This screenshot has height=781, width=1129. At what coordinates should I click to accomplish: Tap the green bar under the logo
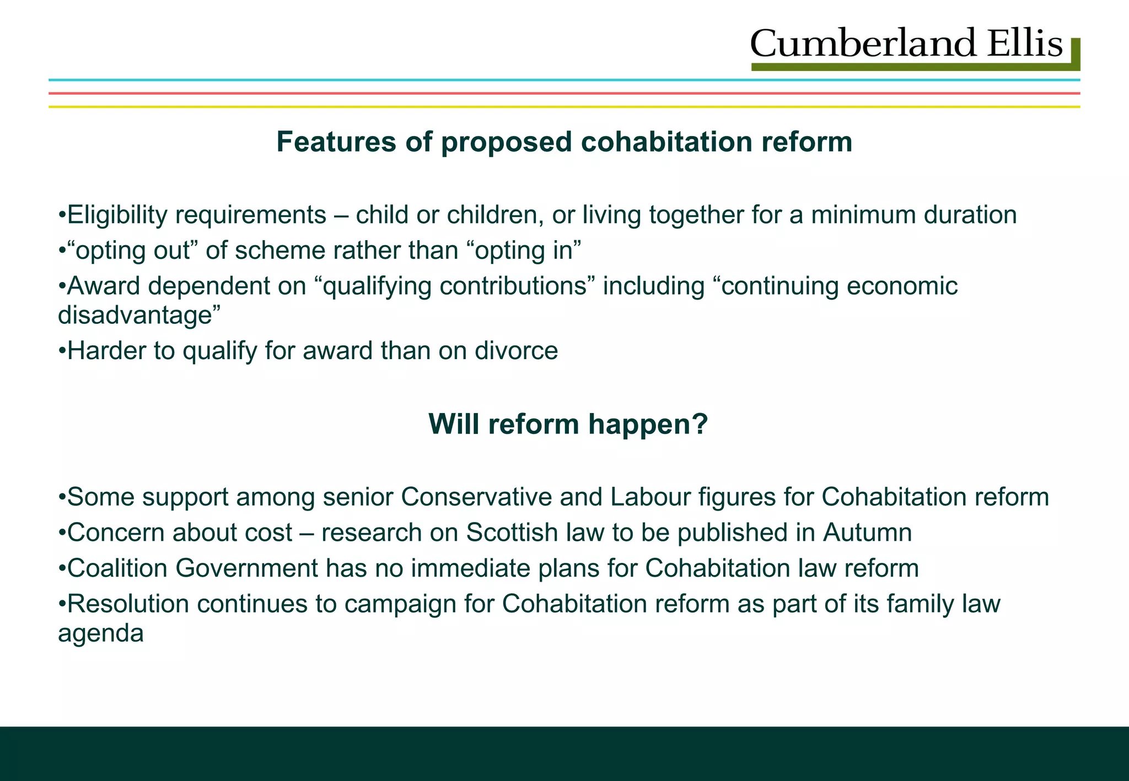click(x=910, y=67)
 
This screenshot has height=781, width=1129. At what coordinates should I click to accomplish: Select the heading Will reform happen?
click(x=567, y=424)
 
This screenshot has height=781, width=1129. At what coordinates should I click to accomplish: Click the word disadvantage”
click(x=139, y=315)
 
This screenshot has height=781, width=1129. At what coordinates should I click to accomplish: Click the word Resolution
click(x=128, y=604)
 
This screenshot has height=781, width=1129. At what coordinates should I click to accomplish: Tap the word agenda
click(x=101, y=633)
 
